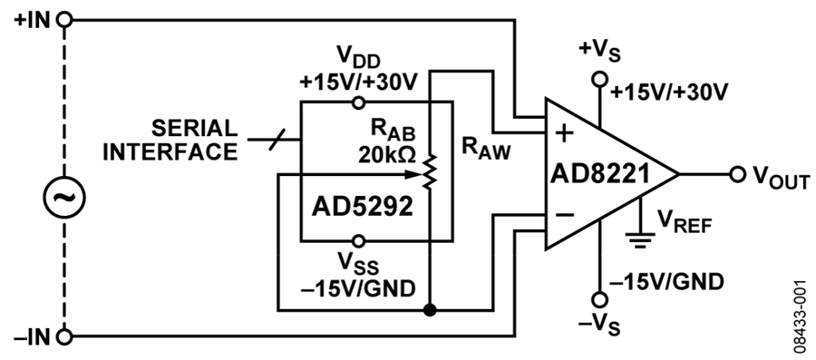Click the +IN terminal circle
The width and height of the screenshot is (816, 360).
point(64,20)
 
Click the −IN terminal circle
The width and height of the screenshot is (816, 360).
point(64,336)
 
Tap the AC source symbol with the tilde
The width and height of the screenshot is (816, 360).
point(64,197)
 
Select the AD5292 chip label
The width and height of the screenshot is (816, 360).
point(362,208)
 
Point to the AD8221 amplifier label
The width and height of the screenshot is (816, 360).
point(600,174)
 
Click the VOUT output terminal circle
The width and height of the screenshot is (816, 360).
point(737,174)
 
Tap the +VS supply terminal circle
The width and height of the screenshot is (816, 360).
point(600,80)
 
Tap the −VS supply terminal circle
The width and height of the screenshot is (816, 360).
point(600,300)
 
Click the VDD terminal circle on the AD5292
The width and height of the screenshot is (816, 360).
point(358,102)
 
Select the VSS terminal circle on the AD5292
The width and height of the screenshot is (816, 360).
point(358,241)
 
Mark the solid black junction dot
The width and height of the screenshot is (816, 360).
point(430,310)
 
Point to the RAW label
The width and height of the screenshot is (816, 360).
point(487,149)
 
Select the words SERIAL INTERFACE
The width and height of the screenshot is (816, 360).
point(170,140)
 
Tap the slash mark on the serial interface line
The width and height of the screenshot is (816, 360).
point(277,140)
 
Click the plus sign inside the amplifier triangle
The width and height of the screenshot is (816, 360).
point(565,133)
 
